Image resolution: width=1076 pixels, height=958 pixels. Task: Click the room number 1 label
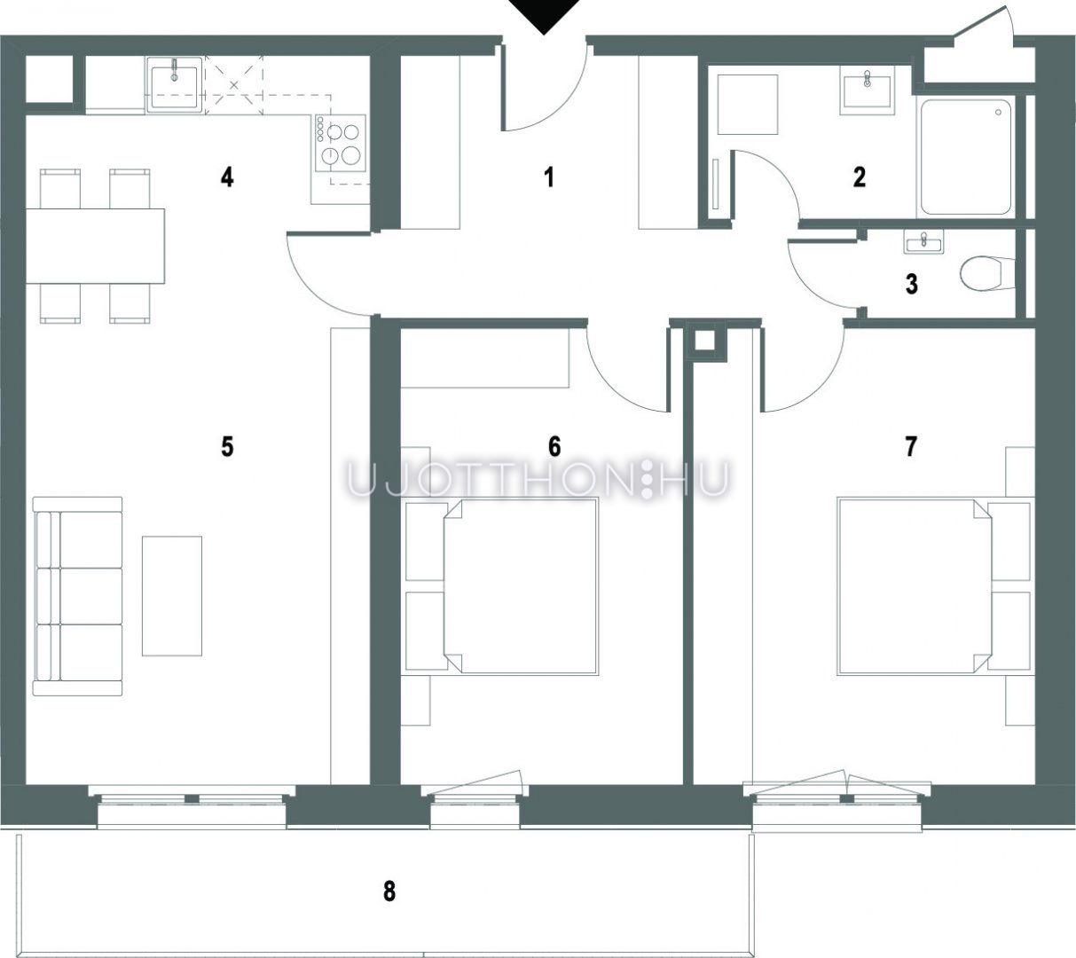(550, 177)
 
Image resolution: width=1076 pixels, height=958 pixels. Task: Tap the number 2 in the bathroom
(860, 177)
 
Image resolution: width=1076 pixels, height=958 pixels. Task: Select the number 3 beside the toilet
(911, 284)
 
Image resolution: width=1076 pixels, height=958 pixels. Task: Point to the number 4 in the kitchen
(227, 177)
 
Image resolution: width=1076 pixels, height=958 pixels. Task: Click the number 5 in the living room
(227, 446)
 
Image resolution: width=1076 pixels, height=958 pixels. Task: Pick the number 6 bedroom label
(554, 446)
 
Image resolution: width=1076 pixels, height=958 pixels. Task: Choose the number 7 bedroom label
(911, 446)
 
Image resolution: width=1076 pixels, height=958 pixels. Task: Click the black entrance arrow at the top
(545, 15)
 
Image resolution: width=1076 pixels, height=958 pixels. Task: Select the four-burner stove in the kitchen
(341, 143)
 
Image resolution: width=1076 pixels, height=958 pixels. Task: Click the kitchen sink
(175, 85)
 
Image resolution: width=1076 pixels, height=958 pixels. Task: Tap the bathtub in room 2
(966, 157)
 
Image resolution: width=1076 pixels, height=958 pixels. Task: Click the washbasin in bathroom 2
(868, 90)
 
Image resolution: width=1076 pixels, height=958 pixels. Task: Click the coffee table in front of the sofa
(171, 596)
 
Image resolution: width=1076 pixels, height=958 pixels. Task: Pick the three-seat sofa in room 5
(77, 596)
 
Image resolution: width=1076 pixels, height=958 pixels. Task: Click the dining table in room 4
(95, 246)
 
